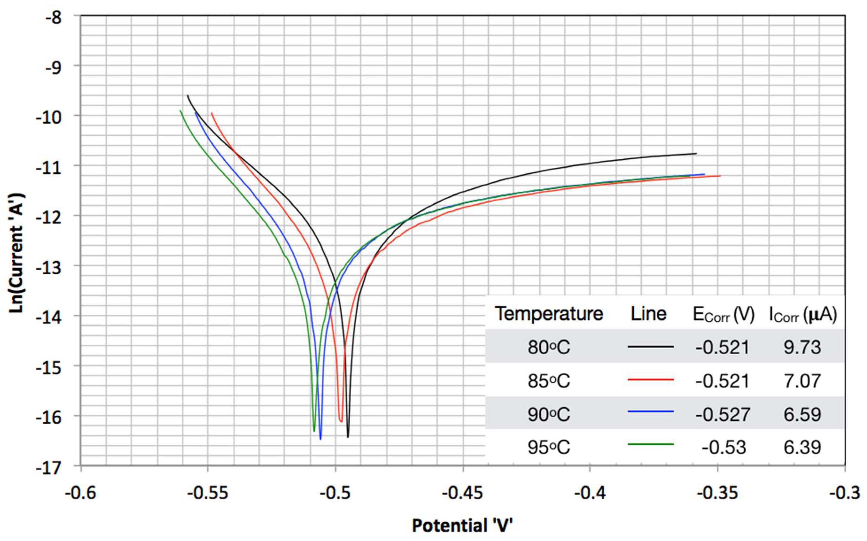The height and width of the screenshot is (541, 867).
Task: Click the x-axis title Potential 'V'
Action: click(x=462, y=526)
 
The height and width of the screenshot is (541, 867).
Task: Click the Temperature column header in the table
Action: click(x=549, y=314)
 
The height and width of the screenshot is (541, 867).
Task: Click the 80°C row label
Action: click(x=549, y=347)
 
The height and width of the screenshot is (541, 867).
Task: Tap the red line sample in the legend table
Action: click(x=651, y=379)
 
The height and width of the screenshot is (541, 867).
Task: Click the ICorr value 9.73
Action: click(x=802, y=347)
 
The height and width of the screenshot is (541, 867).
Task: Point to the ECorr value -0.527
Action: click(x=722, y=414)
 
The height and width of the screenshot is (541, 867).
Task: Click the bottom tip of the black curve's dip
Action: click(x=348, y=436)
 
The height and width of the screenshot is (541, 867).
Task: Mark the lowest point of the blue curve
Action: click(x=320, y=439)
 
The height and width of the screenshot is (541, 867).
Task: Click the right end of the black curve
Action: click(x=696, y=153)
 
